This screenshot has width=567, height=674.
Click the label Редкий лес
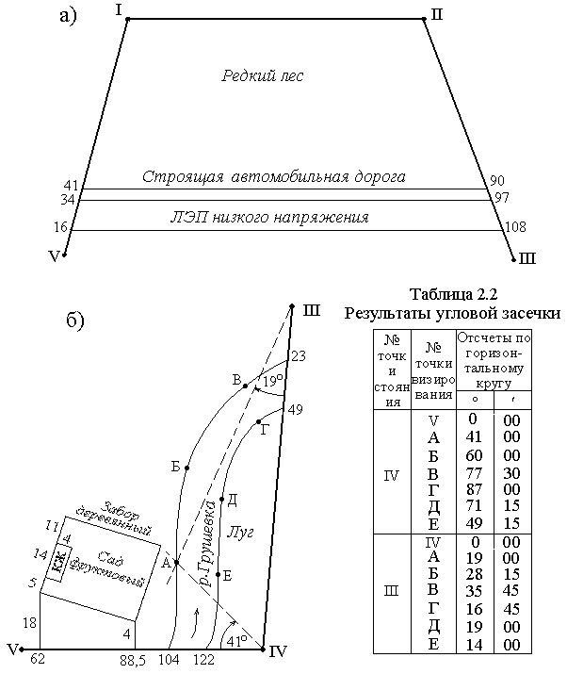click(263, 75)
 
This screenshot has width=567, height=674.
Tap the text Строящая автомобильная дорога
click(274, 176)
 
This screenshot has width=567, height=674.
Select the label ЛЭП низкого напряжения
click(269, 217)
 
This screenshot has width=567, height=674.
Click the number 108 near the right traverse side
click(515, 226)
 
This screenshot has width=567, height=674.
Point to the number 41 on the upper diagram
click(71, 186)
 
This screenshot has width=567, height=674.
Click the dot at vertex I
click(128, 19)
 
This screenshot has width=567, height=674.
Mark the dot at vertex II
click(424, 19)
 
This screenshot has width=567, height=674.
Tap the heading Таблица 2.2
click(453, 294)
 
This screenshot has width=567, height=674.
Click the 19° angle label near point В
click(273, 381)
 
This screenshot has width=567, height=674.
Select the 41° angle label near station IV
click(236, 641)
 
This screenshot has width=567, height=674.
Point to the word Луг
click(239, 533)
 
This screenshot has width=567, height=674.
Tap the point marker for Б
click(186, 468)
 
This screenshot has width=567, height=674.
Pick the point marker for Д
click(222, 499)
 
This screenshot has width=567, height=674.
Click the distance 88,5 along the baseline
click(132, 660)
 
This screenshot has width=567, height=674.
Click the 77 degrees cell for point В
click(474, 473)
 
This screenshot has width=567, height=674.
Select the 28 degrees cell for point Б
click(474, 574)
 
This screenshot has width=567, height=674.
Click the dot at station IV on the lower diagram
click(263, 649)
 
